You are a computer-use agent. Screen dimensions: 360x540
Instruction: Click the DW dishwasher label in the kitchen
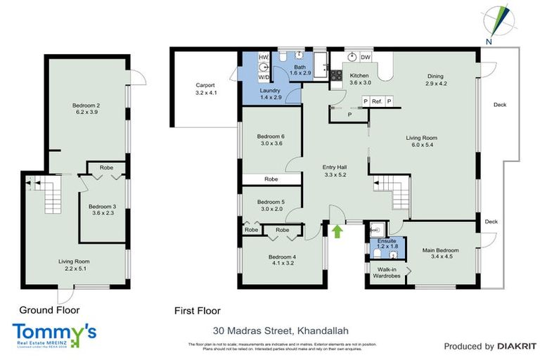click(x=365, y=57)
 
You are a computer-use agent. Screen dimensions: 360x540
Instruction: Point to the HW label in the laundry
click(x=264, y=57)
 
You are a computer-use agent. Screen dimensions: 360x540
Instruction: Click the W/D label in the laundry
click(x=264, y=78)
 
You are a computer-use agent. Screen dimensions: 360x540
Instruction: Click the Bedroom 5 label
click(x=271, y=205)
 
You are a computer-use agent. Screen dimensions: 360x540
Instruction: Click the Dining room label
click(x=437, y=79)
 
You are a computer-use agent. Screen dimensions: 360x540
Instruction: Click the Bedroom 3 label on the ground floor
click(x=103, y=210)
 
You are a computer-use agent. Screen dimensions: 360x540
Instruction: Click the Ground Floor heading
click(x=49, y=309)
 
